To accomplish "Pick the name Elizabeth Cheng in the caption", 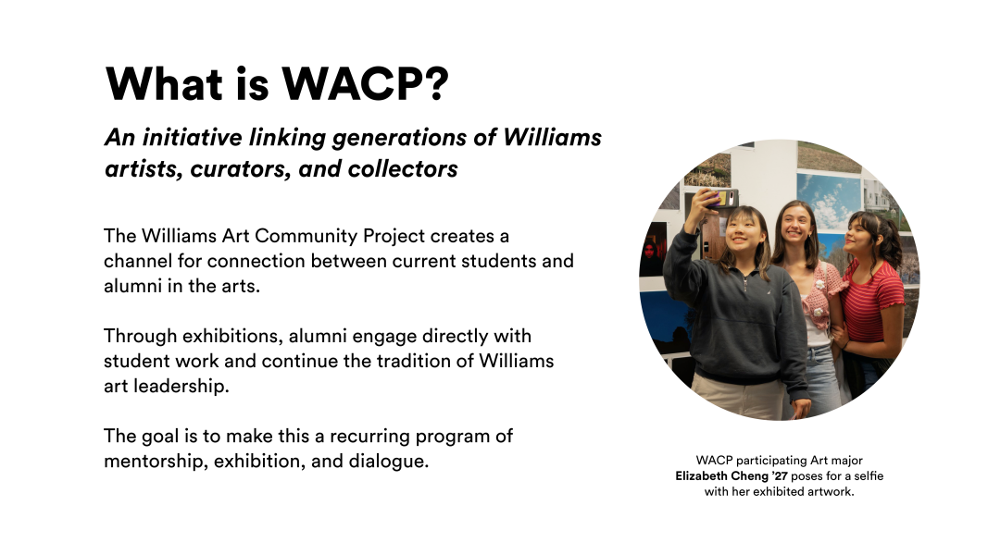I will coord(723,475).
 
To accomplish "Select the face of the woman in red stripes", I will coord(867,236).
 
